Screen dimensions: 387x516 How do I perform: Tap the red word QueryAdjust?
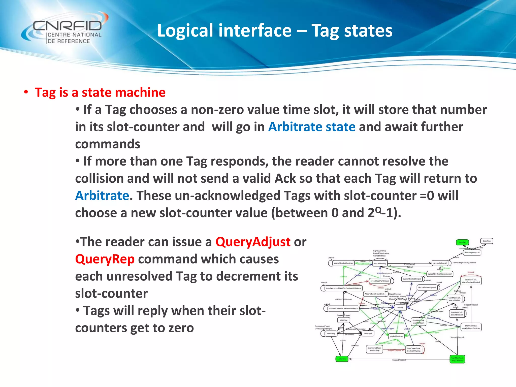(253, 242)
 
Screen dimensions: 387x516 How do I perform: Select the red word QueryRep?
(105, 259)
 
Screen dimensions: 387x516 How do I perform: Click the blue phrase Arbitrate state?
(312, 127)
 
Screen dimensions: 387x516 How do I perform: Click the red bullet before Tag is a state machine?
(26, 92)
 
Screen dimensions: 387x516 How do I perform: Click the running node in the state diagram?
(400, 307)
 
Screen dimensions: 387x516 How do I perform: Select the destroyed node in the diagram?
(368, 333)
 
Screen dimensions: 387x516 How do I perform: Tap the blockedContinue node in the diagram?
(396, 336)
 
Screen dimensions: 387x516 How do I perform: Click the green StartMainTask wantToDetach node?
(457, 359)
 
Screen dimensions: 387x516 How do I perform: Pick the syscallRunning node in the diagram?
(380, 263)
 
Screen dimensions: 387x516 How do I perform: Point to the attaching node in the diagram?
(344, 320)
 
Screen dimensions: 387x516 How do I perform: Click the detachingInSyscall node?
(472, 252)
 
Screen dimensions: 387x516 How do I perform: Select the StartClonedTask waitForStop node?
(374, 349)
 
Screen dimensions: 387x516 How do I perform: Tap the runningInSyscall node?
(440, 263)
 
